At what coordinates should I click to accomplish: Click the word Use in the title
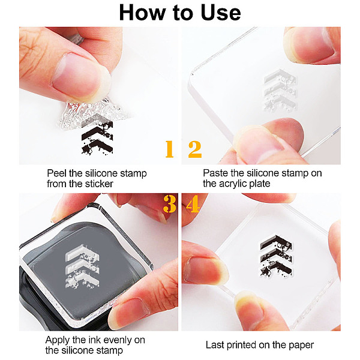point(221,13)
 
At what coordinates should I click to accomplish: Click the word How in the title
point(142,13)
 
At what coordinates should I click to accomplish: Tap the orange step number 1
point(169,149)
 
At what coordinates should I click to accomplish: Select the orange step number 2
point(195,149)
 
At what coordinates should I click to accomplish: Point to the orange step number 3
point(170,204)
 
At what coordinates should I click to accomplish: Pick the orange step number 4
point(193,204)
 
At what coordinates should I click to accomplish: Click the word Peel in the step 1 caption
point(57,173)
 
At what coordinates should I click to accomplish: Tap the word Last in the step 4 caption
point(215,345)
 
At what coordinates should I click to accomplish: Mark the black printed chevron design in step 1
point(97,137)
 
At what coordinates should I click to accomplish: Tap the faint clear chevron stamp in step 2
point(280,90)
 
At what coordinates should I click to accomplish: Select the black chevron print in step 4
point(276,256)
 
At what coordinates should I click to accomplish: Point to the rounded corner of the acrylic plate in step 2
point(193,74)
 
